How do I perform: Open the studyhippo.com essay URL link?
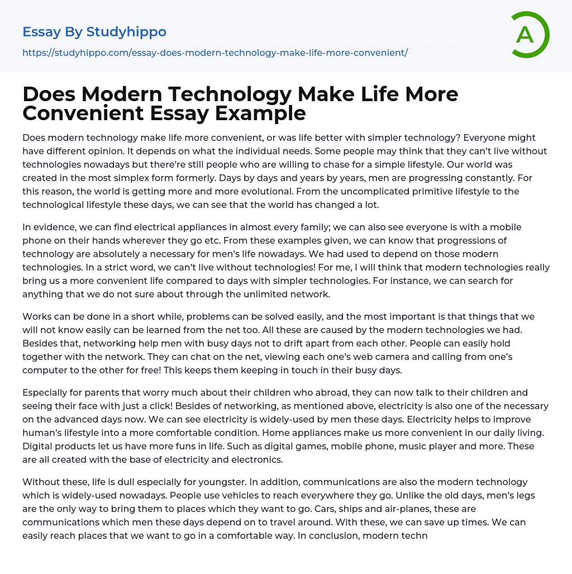click(x=215, y=53)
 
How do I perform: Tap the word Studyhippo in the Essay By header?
click(x=126, y=32)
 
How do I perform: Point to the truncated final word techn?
click(x=413, y=535)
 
